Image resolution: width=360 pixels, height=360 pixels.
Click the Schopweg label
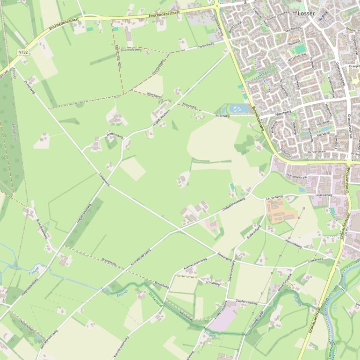212,282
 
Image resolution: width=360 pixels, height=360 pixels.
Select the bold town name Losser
306,14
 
